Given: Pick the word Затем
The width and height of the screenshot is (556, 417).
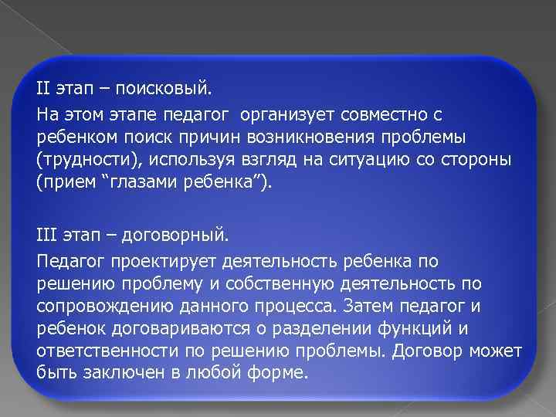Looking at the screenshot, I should [370, 306].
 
